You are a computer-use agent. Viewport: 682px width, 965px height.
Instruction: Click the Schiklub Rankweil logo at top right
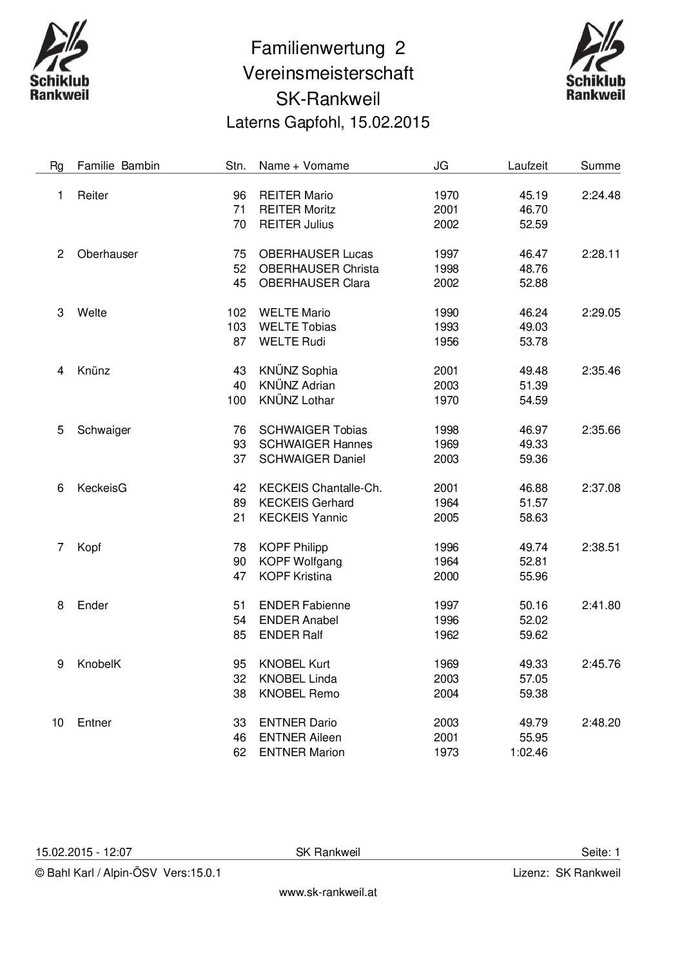click(596, 61)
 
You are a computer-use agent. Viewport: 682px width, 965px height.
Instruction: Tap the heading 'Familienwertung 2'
click(328, 48)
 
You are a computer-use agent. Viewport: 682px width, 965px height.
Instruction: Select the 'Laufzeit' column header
click(527, 166)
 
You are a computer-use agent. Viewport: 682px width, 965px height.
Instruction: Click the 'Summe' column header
click(600, 166)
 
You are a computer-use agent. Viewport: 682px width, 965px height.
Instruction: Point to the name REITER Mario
click(296, 195)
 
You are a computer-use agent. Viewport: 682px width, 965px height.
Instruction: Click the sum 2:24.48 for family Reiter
click(601, 195)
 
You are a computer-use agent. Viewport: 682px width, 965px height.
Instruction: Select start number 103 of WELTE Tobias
click(237, 327)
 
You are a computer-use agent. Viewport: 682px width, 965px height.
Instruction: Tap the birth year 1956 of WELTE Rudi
click(446, 342)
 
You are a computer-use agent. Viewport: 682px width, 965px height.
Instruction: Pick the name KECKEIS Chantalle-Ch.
click(320, 488)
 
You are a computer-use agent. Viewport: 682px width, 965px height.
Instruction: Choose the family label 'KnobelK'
click(99, 664)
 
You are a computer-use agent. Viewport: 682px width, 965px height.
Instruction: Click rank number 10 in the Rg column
click(58, 723)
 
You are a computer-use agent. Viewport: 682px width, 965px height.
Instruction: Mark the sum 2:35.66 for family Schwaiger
click(601, 430)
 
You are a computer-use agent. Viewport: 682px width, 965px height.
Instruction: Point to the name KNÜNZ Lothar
click(297, 400)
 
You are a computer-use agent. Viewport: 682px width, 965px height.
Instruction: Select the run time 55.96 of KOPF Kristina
click(533, 576)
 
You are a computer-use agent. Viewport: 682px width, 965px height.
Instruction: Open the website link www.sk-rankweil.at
click(327, 892)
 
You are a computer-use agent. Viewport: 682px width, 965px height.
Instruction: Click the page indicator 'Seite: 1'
click(600, 852)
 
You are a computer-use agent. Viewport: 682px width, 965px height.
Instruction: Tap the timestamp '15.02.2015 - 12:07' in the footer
click(84, 852)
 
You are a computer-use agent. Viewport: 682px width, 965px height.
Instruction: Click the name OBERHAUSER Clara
click(314, 283)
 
